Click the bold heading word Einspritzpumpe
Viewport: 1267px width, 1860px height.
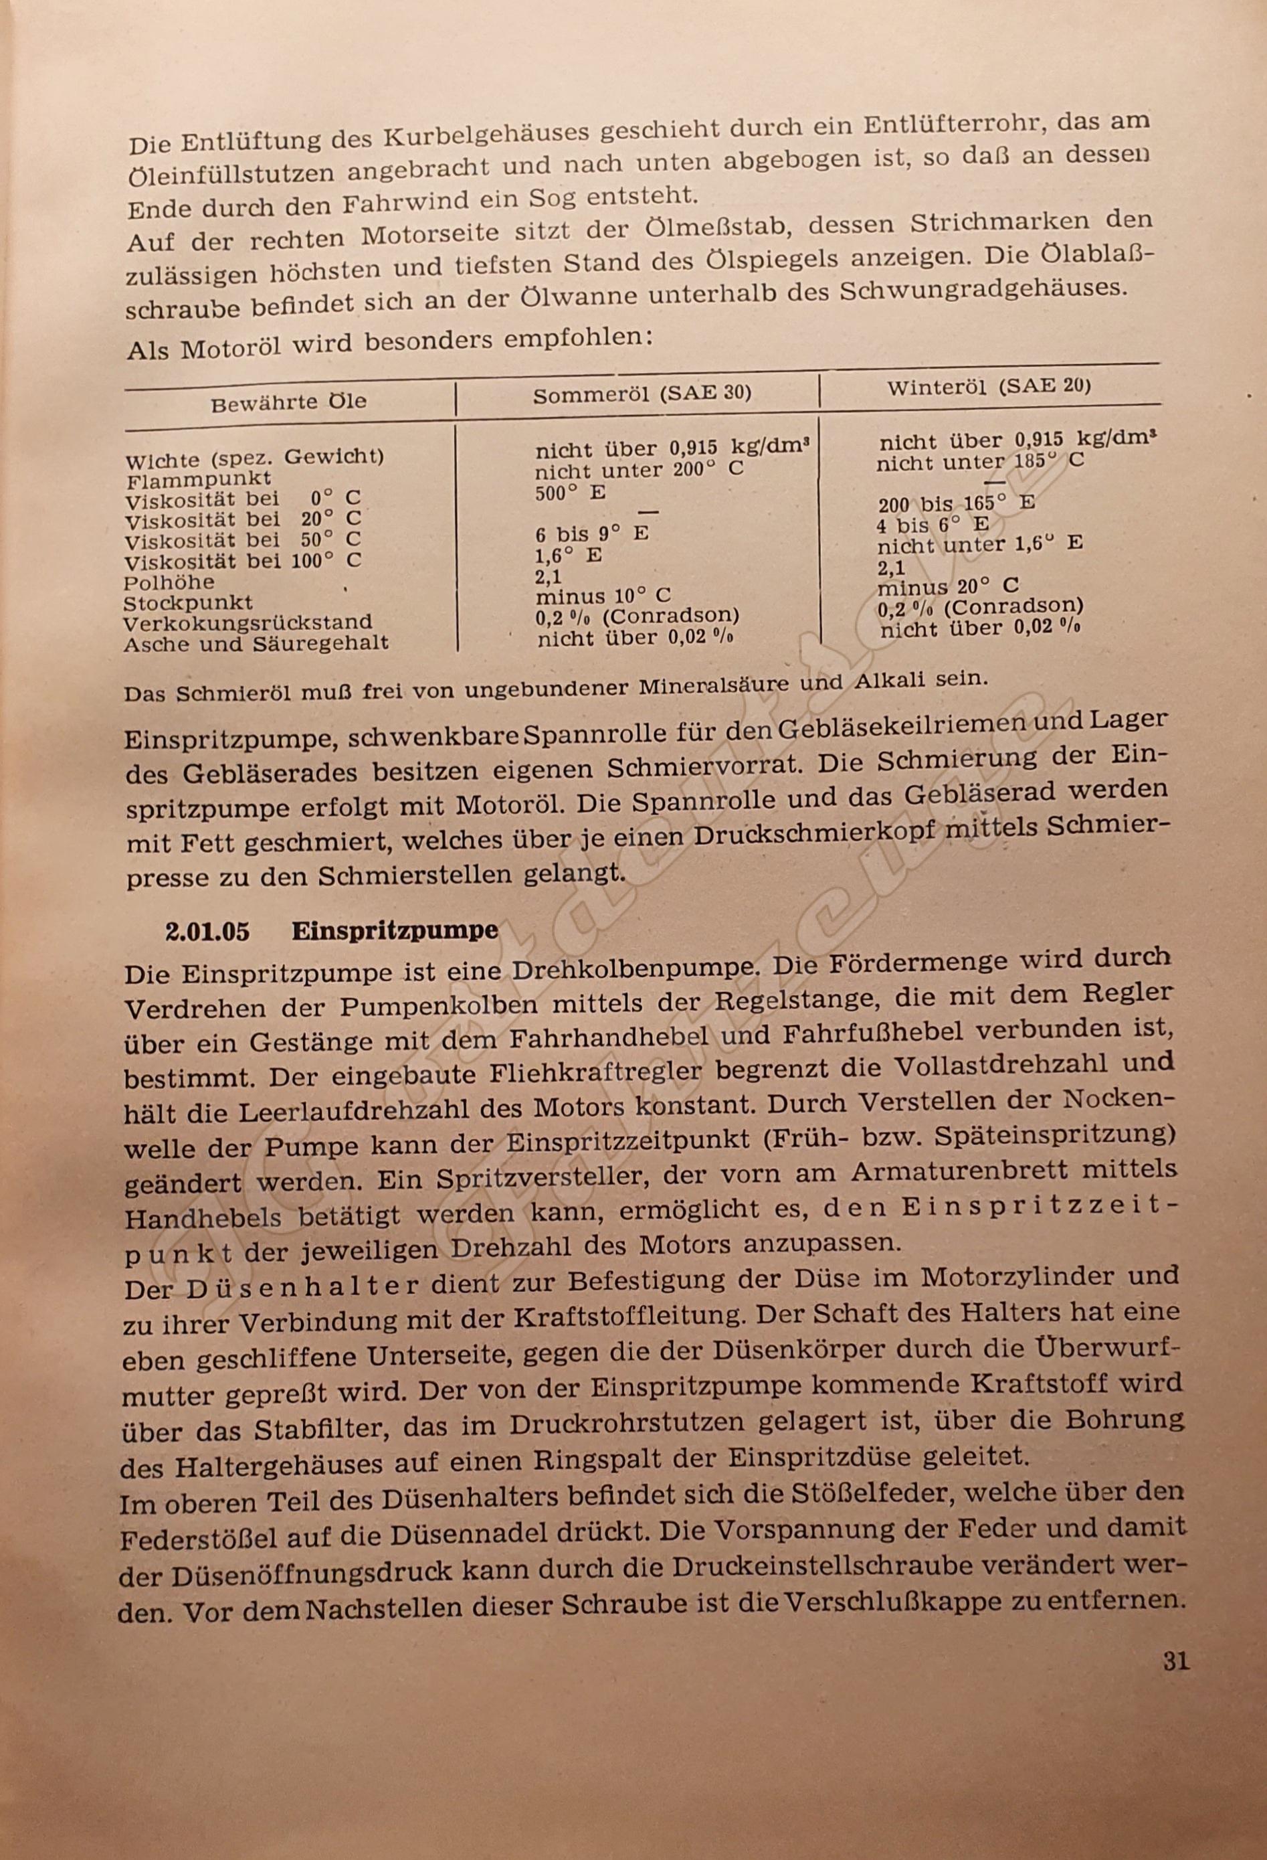[x=394, y=931]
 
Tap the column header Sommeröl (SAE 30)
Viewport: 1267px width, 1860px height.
[x=642, y=395]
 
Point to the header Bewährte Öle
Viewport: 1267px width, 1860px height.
[x=289, y=402]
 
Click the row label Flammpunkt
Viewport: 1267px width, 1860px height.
[x=199, y=479]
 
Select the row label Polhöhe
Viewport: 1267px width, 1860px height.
[x=169, y=582]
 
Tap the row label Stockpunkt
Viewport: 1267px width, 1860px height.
[x=188, y=602]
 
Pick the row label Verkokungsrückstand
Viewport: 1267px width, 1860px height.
[x=248, y=622]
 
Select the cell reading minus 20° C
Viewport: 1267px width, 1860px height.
[x=948, y=587]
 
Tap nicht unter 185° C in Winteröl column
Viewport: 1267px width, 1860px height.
[x=980, y=462]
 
